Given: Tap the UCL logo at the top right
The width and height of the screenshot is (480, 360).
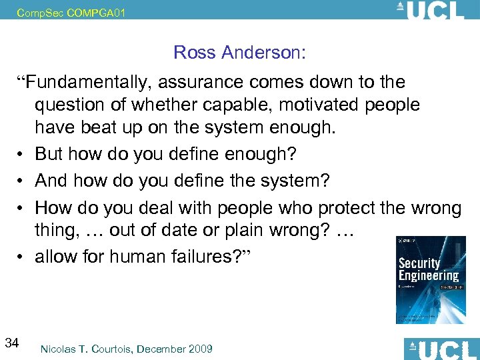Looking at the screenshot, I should [x=431, y=11].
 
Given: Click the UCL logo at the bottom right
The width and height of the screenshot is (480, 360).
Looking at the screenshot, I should [x=441, y=349].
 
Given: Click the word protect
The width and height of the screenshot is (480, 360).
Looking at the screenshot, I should [x=349, y=208].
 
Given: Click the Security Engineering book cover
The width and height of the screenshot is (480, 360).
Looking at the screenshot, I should [x=431, y=280].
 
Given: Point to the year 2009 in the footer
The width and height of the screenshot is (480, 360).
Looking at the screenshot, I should [x=200, y=349].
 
